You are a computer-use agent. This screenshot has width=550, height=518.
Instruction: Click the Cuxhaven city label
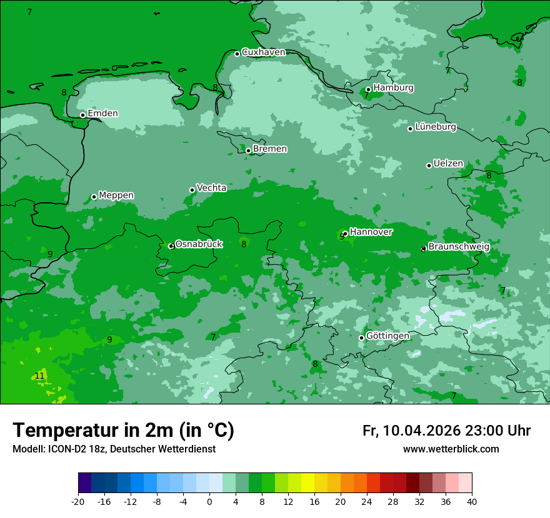click(263, 52)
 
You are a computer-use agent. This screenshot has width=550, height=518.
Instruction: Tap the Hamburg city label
click(393, 88)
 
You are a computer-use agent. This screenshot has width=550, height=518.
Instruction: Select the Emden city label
click(102, 114)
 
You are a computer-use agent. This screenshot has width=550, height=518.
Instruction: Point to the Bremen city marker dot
click(248, 150)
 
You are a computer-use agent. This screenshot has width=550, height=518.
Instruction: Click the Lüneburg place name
click(435, 127)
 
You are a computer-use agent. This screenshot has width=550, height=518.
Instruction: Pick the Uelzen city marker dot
click(429, 165)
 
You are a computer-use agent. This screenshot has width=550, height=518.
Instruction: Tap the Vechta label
click(211, 188)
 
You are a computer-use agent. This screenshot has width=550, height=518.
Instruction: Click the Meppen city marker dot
click(94, 197)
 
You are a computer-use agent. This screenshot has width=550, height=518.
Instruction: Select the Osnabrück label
click(199, 244)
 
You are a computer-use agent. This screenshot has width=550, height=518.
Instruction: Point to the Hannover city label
click(371, 232)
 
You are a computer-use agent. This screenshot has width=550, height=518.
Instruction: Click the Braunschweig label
click(458, 247)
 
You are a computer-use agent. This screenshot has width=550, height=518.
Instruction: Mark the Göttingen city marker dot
click(361, 338)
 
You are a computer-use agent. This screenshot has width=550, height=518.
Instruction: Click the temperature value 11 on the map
click(39, 376)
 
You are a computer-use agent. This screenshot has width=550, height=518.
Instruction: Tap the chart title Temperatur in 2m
click(123, 431)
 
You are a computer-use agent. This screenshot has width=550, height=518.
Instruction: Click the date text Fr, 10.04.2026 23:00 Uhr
click(446, 431)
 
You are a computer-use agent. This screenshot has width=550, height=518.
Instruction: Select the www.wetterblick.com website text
click(451, 449)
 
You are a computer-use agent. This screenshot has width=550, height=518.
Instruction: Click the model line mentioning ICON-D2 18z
click(114, 449)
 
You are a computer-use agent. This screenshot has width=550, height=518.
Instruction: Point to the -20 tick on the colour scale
click(78, 502)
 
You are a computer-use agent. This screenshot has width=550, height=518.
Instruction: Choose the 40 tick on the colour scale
click(472, 502)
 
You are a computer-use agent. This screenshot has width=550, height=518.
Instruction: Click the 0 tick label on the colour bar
click(209, 502)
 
